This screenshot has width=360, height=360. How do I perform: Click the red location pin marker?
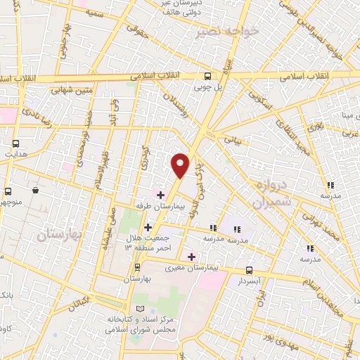pyautogui.click(x=181, y=165)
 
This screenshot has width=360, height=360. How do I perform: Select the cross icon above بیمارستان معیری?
pyautogui.click(x=191, y=257)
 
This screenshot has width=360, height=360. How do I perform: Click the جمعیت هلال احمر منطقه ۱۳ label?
pyautogui.click(x=150, y=243)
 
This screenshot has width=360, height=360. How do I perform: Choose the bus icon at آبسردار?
pyautogui.click(x=249, y=270)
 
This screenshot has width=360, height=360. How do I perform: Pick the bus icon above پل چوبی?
pyautogui.click(x=207, y=77)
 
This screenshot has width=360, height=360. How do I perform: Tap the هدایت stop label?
pyautogui.click(x=15, y=153)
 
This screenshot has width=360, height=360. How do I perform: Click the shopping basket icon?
pyautogui.click(x=34, y=191)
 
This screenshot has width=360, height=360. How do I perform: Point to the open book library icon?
pyautogui.click(x=139, y=310)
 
